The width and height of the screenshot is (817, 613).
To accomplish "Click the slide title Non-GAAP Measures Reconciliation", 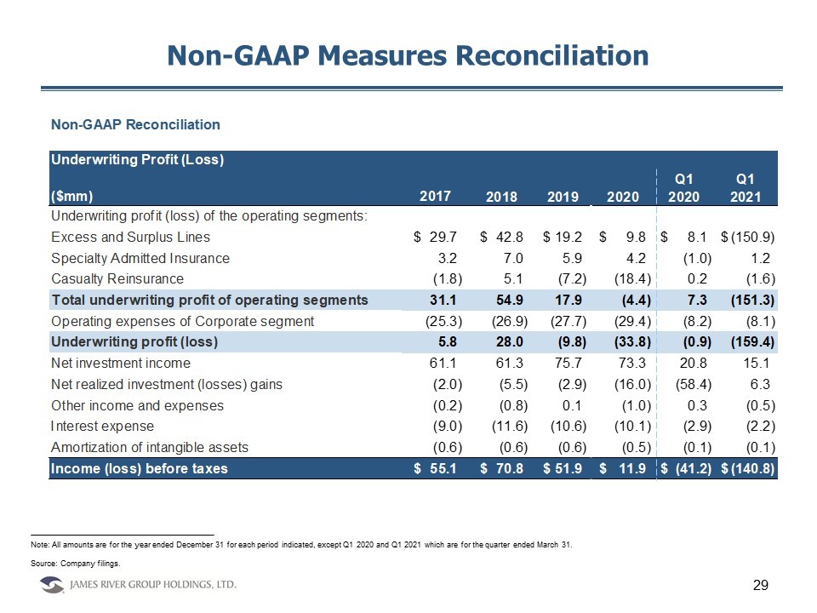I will pos(408,55).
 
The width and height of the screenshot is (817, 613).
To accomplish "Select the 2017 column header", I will pos(435,197).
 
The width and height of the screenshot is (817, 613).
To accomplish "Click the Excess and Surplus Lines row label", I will pos(130,237).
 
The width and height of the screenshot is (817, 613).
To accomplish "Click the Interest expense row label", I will pos(103,426).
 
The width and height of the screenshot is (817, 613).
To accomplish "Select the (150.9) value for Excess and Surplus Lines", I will pos(749,237).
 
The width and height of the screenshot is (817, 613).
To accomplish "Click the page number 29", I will pos(761,585).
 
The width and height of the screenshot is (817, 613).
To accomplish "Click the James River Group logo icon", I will pos(53,585).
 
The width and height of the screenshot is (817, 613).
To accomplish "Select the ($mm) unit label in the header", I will pos(72,197).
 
